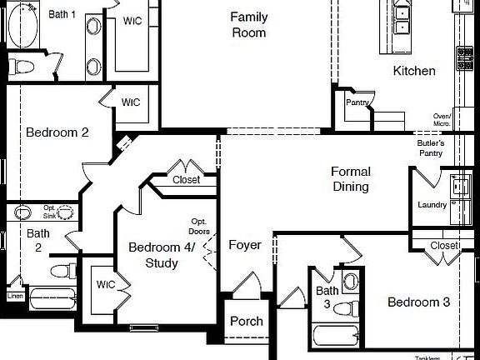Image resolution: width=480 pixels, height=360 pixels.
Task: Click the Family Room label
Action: coord(248,25)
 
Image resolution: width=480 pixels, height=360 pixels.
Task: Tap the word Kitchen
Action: coord(414,71)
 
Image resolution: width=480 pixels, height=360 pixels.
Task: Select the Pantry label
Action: coord(357,102)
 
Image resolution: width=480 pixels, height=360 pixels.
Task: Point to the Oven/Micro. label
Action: coord(442,120)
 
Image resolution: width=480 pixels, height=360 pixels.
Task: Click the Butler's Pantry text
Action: coord(431,147)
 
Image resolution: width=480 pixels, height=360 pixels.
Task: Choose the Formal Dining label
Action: coord(351,179)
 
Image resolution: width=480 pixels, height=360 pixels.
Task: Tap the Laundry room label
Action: coord(432,205)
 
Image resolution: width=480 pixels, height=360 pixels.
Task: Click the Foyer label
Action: coord(245,246)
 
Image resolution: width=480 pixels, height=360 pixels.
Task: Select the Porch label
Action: coord(246,321)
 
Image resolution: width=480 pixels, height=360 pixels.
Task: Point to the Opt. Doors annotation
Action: coord(198,226)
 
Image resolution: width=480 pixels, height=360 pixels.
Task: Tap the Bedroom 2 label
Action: coord(57,132)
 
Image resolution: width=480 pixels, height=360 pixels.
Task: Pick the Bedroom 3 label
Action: coord(418,302)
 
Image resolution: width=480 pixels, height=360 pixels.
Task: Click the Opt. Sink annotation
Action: coord(50,211)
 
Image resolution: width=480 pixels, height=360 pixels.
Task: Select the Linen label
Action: coord(15,296)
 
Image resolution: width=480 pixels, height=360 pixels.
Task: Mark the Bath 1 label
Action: coord(62,14)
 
